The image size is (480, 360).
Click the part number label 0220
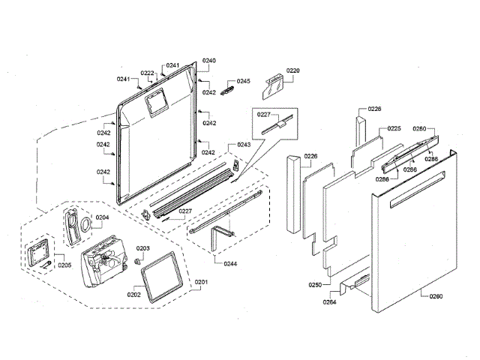(x=293, y=71)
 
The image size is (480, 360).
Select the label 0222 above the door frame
(x=148, y=73)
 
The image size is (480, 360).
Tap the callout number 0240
(x=209, y=60)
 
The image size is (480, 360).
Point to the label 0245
(x=244, y=81)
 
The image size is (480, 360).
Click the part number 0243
(x=244, y=144)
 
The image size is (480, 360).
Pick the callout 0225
(x=394, y=128)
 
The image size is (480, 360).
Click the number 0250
(x=315, y=284)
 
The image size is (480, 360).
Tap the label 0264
(x=330, y=302)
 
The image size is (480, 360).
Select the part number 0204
(x=103, y=217)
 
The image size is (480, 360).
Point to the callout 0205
(x=65, y=265)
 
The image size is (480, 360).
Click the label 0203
(x=142, y=247)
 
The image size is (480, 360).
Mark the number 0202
(x=134, y=294)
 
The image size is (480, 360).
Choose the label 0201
(x=201, y=282)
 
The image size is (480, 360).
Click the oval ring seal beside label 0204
(x=88, y=224)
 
